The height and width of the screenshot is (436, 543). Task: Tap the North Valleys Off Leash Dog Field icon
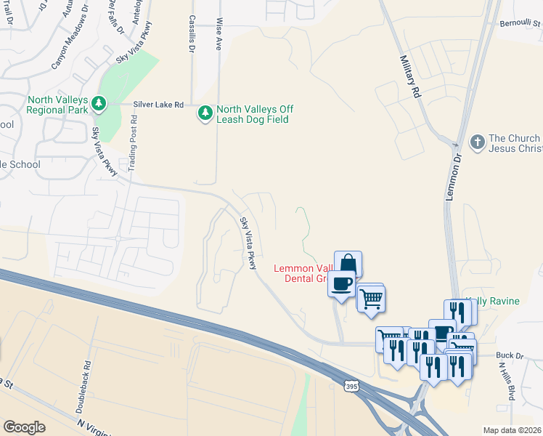(x=205, y=113)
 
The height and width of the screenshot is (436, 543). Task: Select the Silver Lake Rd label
(x=158, y=105)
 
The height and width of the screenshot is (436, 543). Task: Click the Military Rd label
(x=409, y=76)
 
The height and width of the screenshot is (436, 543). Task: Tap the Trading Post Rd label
(x=133, y=149)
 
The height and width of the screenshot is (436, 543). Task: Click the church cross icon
(x=478, y=142)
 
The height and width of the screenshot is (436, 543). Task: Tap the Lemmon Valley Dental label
(x=302, y=273)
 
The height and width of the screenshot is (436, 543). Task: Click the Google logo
(x=24, y=427)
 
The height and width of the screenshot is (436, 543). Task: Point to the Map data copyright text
(x=513, y=430)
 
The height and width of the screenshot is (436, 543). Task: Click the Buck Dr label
(x=510, y=355)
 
